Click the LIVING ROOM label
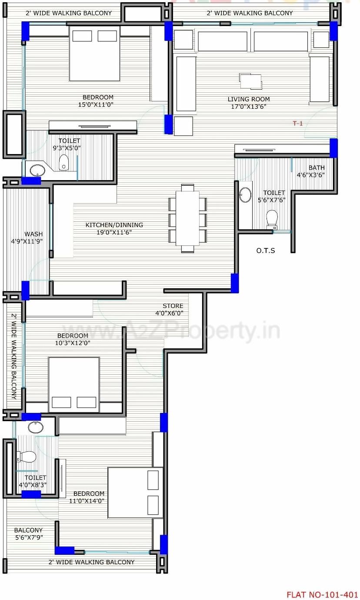pyautogui.click(x=248, y=99)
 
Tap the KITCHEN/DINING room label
pyautogui.click(x=114, y=225)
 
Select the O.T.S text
pyautogui.click(x=265, y=251)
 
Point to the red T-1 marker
pyautogui.click(x=297, y=124)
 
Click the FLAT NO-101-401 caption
pyautogui.click(x=322, y=594)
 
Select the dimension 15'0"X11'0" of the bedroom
pyautogui.click(x=98, y=104)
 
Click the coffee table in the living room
pyautogui.click(x=251, y=81)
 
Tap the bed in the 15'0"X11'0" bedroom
pyautogui.click(x=94, y=54)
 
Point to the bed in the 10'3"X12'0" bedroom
pyautogui.click(x=73, y=384)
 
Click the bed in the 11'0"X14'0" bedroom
pyautogui.click(x=135, y=493)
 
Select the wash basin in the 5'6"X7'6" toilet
pyautogui.click(x=245, y=195)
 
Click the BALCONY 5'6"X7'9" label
pyautogui.click(x=28, y=534)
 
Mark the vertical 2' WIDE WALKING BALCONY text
pyautogui.click(x=14, y=357)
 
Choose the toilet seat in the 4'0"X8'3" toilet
pyautogui.click(x=27, y=456)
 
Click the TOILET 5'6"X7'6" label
pyautogui.click(x=274, y=196)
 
